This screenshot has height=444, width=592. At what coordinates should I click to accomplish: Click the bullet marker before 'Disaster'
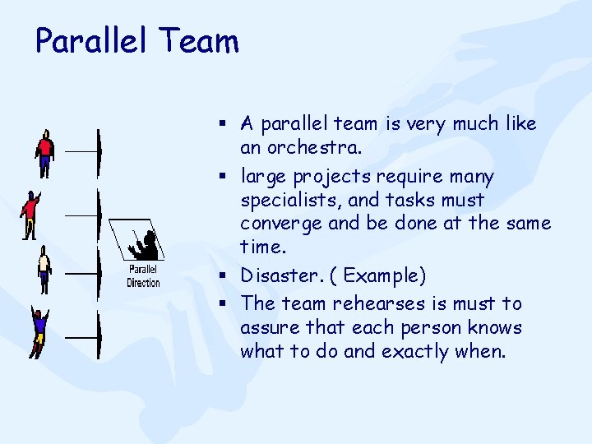(223, 275)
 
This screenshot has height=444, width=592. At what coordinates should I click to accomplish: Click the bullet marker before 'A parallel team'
(223, 123)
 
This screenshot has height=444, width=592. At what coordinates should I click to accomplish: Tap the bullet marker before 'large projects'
(223, 176)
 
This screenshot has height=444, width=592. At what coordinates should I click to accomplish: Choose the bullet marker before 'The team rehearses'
(223, 303)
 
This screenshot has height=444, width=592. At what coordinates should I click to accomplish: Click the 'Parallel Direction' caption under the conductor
(143, 276)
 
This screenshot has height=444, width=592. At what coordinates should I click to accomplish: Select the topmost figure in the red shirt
(45, 153)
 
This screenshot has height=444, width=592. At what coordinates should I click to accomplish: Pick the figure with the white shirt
(44, 270)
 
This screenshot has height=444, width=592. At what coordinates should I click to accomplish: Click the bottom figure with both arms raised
(39, 332)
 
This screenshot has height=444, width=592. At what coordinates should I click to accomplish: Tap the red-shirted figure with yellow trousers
(31, 214)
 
